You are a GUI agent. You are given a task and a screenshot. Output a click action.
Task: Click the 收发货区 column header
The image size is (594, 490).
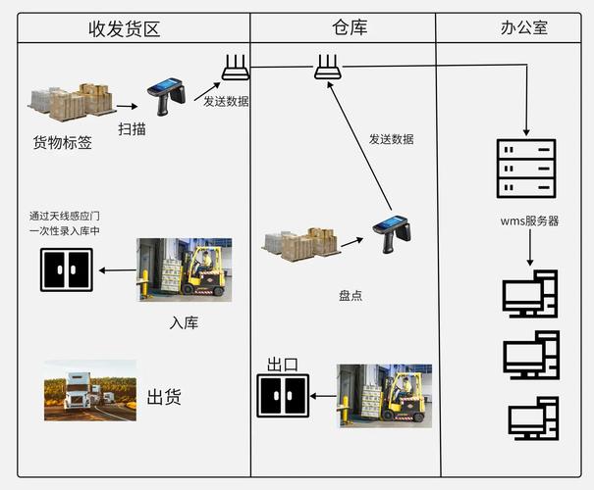(125, 27)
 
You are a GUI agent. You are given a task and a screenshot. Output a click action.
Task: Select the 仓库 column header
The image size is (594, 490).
(345, 27)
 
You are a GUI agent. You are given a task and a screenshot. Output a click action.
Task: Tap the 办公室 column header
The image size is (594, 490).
(516, 27)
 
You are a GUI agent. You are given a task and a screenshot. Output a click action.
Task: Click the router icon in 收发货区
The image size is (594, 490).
(235, 68)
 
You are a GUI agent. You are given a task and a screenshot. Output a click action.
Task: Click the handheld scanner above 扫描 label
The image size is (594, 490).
(166, 96)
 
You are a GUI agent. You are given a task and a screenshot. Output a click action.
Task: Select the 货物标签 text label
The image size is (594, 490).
(63, 143)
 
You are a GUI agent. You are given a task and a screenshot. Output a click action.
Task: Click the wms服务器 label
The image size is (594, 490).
(529, 220)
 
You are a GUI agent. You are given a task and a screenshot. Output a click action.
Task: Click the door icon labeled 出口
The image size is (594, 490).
(282, 395)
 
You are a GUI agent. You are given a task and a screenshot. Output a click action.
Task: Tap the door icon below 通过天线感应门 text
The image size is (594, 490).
(67, 269)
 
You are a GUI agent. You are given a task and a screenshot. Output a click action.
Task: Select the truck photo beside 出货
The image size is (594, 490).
(89, 389)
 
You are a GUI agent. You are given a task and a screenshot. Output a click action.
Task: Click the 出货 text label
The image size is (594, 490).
(164, 397)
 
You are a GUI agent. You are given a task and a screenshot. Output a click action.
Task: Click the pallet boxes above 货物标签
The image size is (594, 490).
(71, 101)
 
